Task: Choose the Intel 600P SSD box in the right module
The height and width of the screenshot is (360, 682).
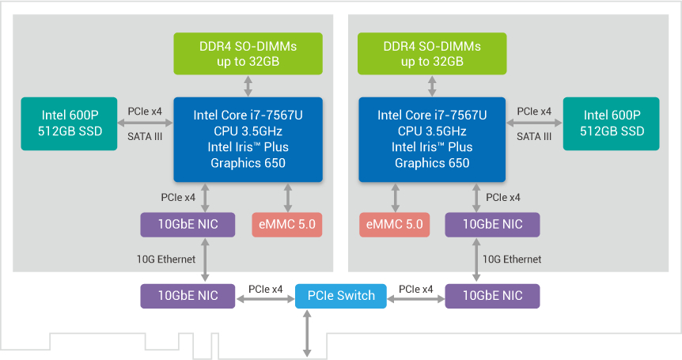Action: coord(611,123)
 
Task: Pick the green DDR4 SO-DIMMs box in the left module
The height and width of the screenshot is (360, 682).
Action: coord(248,54)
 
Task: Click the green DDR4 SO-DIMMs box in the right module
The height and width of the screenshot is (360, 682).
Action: coord(432,54)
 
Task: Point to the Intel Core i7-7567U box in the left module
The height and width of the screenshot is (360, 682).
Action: coord(248,139)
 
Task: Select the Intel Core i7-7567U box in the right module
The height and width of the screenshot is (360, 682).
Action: coord(432,139)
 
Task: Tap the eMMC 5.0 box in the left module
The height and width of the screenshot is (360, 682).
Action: coord(287,224)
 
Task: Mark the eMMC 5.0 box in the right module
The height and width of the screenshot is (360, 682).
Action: coord(394,224)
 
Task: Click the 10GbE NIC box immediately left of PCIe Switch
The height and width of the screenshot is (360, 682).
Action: coord(188,296)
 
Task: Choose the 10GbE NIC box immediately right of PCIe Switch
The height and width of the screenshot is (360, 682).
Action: coord(492,296)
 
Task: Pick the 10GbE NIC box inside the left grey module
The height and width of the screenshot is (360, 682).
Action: coord(188,224)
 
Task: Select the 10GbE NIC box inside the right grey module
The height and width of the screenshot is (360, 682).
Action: coord(492,224)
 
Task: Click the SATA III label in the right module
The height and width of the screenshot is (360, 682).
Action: coord(534,136)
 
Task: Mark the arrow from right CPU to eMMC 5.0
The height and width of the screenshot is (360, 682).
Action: coord(394,197)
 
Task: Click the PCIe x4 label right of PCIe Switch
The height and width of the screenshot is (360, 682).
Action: coord(415,290)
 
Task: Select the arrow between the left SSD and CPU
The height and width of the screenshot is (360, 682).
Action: coord(144,123)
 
